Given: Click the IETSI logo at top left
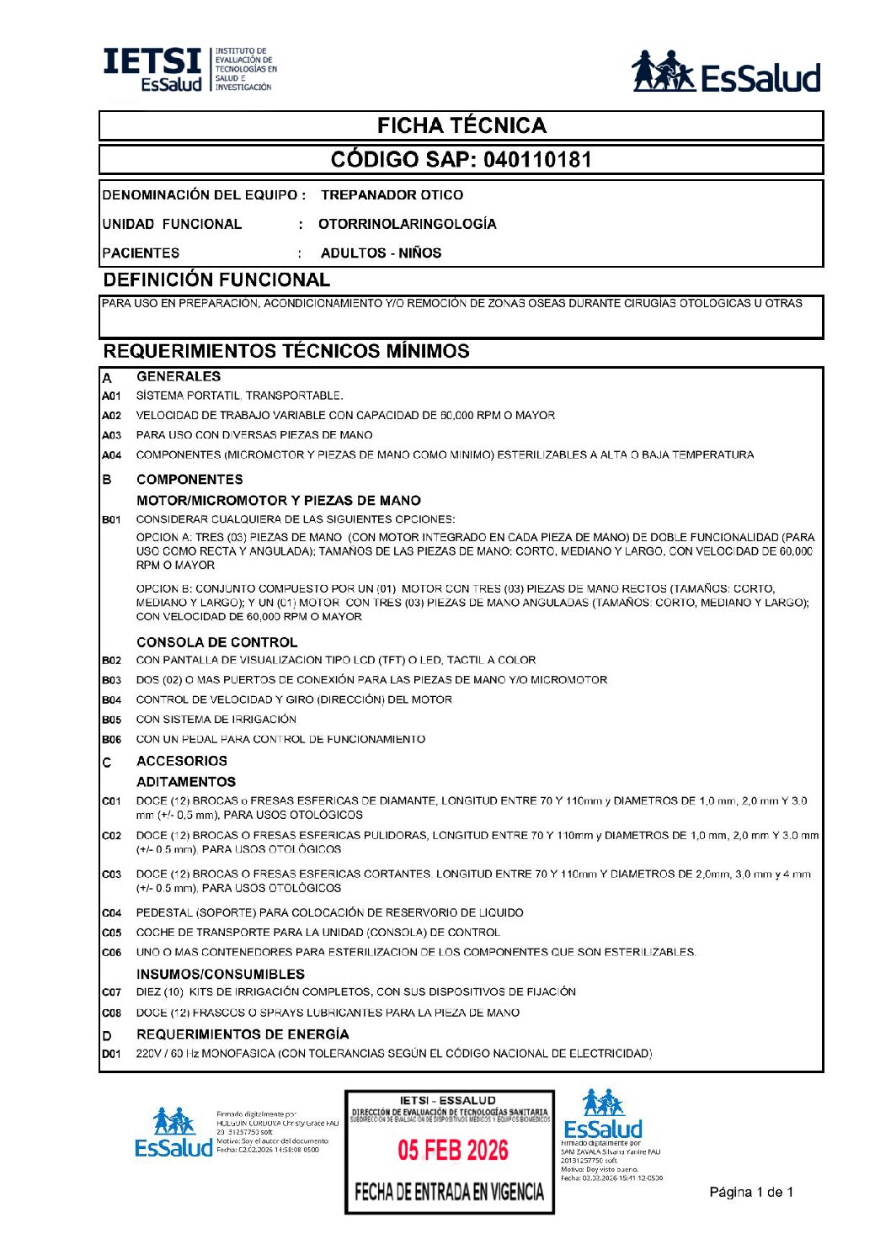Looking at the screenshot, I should pyautogui.click(x=189, y=69).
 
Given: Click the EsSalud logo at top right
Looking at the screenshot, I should pyautogui.click(x=726, y=72).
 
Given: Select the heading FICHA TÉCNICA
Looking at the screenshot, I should pyautogui.click(x=462, y=126).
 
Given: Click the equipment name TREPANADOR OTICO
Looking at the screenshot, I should pyautogui.click(x=392, y=195).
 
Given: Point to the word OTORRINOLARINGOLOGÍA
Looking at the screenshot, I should pyautogui.click(x=407, y=224).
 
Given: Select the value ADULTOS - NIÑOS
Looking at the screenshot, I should pyautogui.click(x=381, y=253).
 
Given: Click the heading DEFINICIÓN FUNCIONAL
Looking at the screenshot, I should pyautogui.click(x=216, y=280).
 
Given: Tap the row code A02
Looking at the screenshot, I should pyautogui.click(x=111, y=416).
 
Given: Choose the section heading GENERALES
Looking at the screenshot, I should pyautogui.click(x=179, y=376).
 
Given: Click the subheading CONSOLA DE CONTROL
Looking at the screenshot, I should pyautogui.click(x=216, y=642).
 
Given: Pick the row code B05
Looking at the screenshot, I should pyautogui.click(x=111, y=720).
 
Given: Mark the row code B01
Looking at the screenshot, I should pyautogui.click(x=111, y=520).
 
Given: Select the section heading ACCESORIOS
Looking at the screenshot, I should pyautogui.click(x=182, y=761).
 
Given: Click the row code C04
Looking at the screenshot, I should pyautogui.click(x=111, y=913).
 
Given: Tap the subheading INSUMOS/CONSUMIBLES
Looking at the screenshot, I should pyautogui.click(x=221, y=974).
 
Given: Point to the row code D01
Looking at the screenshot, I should pyautogui.click(x=111, y=1054).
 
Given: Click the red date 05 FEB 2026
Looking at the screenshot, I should pyautogui.click(x=453, y=1151).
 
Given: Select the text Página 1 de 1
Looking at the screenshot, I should pyautogui.click(x=751, y=1192).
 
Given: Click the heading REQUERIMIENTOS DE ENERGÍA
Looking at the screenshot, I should pyautogui.click(x=243, y=1034).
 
